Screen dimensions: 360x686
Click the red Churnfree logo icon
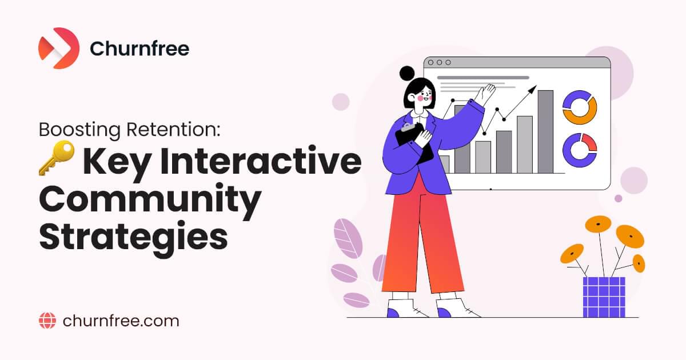(58, 49)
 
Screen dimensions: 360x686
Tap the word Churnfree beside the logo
(139, 49)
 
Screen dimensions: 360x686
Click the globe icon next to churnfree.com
(47, 321)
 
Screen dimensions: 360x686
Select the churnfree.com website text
(120, 321)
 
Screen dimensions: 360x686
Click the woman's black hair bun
(407, 73)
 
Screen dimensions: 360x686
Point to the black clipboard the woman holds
(415, 143)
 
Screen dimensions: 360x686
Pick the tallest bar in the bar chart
(545, 131)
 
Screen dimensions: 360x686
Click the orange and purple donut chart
(580, 107)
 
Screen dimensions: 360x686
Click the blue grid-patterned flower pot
(604, 297)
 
